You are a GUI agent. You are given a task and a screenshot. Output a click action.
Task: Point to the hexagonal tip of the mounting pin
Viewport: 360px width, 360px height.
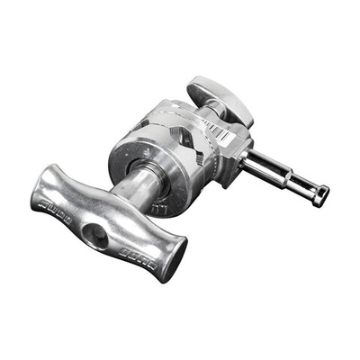coord(319,194)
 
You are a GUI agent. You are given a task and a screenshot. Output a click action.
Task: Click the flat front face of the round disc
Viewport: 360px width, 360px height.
coord(144,162)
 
